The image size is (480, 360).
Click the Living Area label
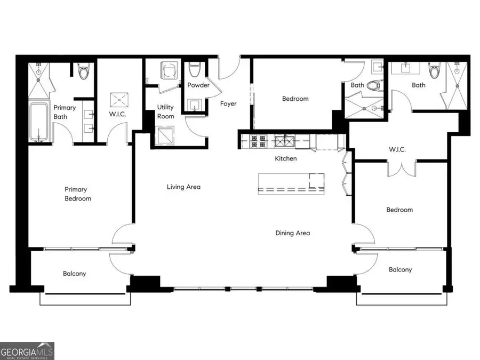pos(183,187)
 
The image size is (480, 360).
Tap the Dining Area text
pos(292,233)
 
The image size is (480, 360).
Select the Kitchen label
pos(285,158)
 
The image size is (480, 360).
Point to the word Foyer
pos(228,103)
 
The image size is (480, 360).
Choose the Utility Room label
pos(165,111)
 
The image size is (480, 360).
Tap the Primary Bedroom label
pos(78,194)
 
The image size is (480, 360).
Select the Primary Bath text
pos(65,111)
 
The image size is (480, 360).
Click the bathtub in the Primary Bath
pos(38,122)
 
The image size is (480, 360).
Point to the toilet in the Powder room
pos(195,69)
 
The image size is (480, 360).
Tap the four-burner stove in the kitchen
pos(258,141)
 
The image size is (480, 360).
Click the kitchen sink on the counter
pos(282,141)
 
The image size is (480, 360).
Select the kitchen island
pos(291,182)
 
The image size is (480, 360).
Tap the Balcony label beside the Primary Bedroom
pos(74,274)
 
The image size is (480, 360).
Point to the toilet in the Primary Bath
pos(83,71)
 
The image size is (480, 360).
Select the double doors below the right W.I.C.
pos(400,169)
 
